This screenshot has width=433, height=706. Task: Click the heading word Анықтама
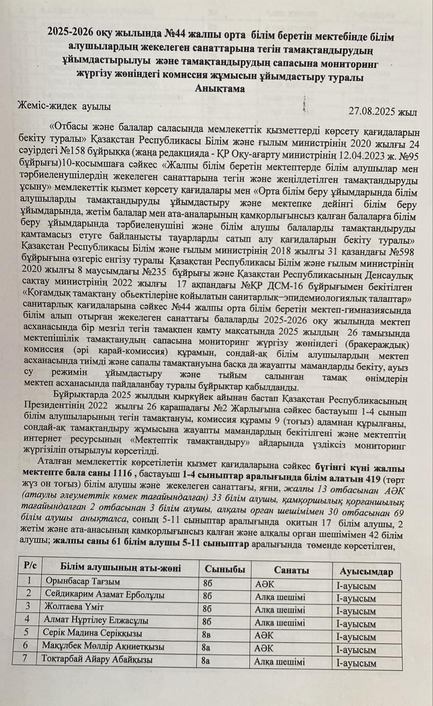point(220,88)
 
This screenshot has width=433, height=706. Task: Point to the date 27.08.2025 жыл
point(382,110)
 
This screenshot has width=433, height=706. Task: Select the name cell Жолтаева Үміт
point(70,609)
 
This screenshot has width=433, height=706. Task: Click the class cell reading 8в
point(207,634)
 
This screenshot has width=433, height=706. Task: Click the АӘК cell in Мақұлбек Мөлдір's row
point(264,648)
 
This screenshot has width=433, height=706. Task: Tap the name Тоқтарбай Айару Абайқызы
point(97,659)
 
